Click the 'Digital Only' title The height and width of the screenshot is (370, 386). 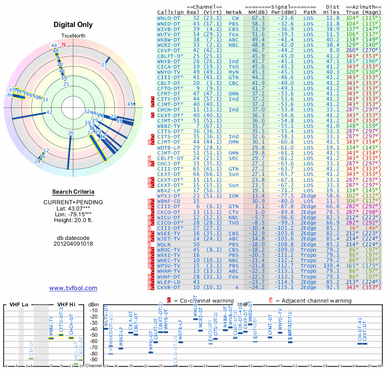73,25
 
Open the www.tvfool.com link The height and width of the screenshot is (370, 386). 73,288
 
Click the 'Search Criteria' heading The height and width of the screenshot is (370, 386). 73,192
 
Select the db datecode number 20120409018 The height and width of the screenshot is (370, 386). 73,244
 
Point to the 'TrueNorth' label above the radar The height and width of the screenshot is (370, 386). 72,37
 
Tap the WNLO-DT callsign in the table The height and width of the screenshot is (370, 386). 169,18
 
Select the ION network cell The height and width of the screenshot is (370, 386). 234,196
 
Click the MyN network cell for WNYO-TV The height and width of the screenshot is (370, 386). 234,71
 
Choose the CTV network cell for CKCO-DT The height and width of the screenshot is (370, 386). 234,212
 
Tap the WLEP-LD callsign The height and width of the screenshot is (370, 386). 169,281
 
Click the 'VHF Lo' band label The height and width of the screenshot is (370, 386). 18,304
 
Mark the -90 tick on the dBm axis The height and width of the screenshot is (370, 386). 94,359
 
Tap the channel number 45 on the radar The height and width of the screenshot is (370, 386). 130,104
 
